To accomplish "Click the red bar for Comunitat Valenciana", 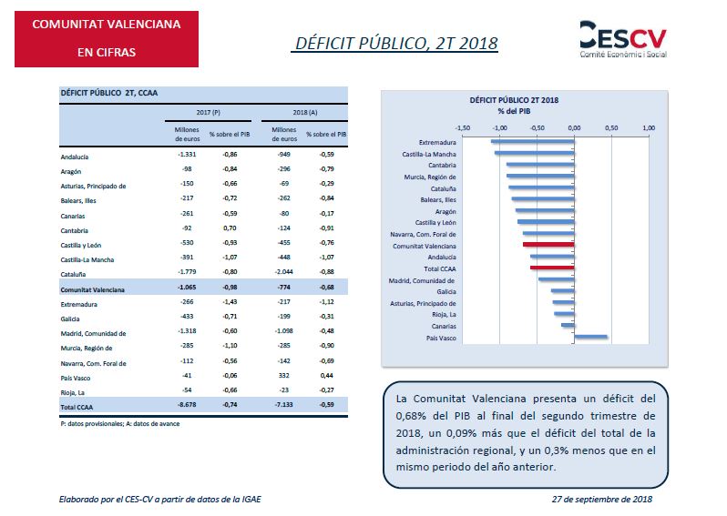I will (x=548, y=246).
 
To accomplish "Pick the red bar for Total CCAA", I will (x=551, y=268).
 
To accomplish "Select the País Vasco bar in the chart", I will (x=590, y=338).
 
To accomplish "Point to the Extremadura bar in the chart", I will (x=532, y=142).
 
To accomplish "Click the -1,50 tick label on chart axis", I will (x=462, y=127).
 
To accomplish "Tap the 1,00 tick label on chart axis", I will (x=649, y=127).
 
